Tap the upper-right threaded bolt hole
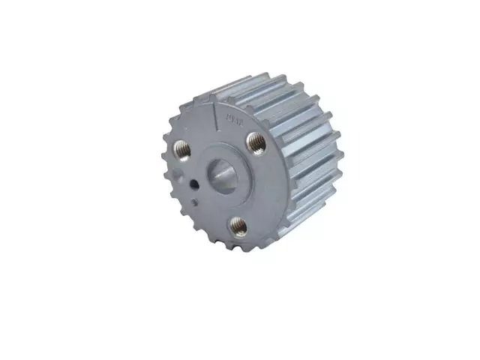point(256,141)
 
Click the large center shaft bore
point(221,175)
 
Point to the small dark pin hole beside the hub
point(193,185)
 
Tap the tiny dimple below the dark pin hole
point(195,201)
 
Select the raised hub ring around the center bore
point(238,187)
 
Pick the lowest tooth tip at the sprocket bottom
point(240,252)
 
